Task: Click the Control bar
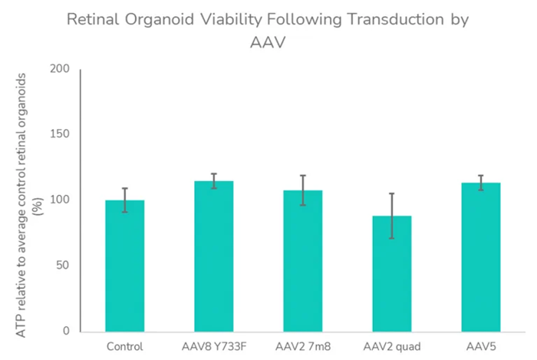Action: point(124,266)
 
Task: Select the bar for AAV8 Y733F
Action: point(213,256)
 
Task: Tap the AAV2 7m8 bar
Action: point(302,261)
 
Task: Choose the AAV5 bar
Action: point(481,257)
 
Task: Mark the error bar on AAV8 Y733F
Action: point(213,180)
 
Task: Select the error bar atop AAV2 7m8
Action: point(302,190)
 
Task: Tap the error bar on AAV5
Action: point(481,182)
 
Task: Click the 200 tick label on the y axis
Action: point(60,69)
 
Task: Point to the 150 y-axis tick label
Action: point(60,134)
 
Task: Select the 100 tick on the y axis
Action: point(60,200)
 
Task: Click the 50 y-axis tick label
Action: point(63,266)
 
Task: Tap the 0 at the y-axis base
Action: point(66,332)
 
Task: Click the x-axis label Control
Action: point(124,346)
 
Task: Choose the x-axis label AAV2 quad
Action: point(392,346)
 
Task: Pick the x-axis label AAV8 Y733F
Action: point(213,346)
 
